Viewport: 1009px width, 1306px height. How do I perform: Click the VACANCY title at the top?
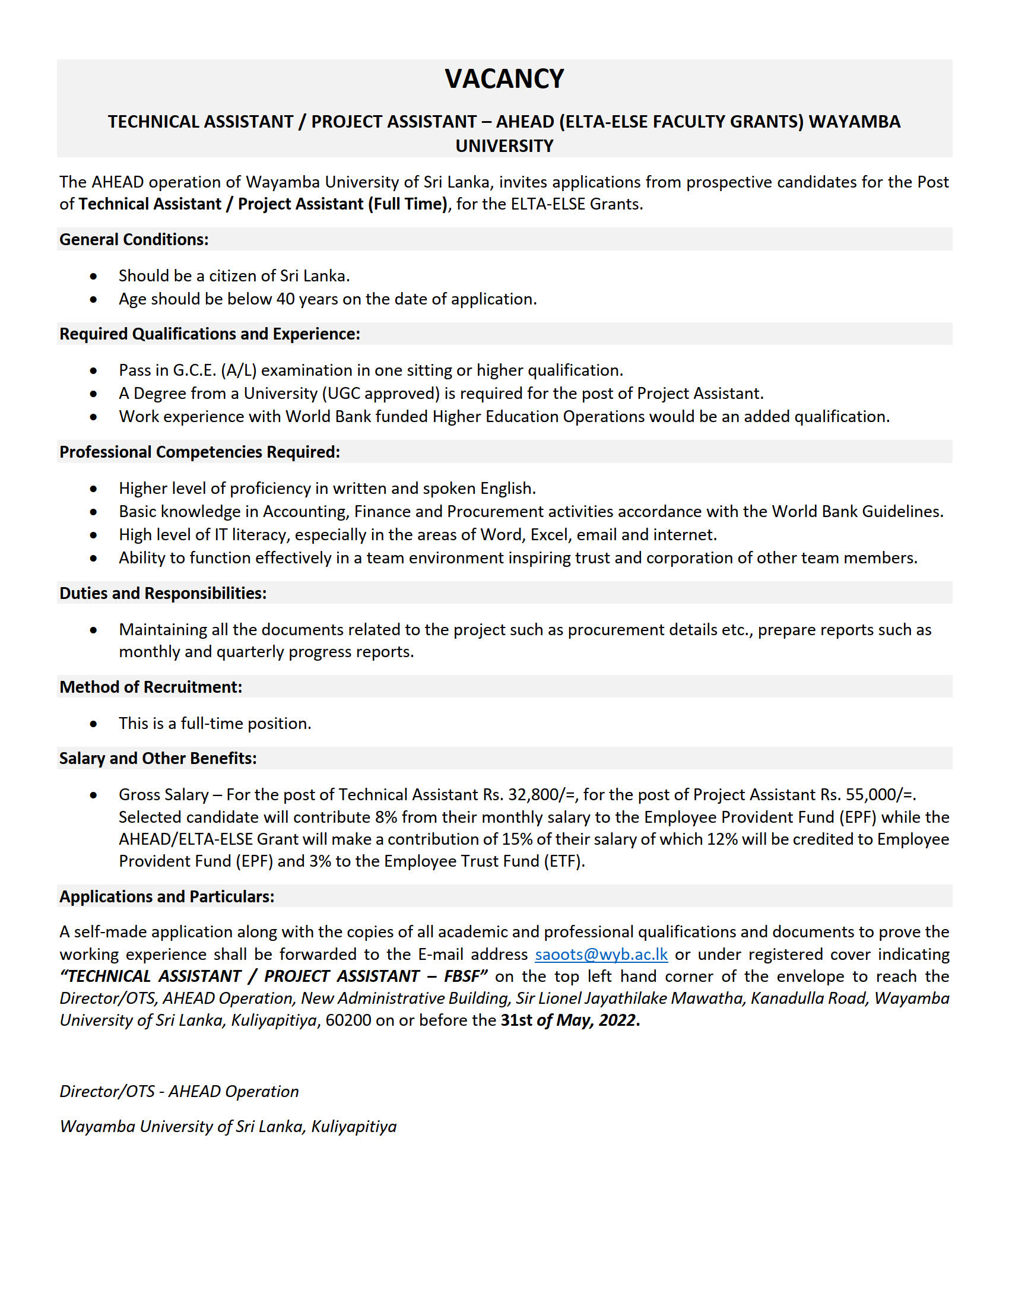504,79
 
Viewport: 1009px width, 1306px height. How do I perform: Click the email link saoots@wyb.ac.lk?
601,954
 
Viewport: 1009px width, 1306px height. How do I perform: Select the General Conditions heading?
134,239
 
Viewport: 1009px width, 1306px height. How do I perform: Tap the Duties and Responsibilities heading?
163,593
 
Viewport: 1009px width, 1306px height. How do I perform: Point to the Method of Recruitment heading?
151,687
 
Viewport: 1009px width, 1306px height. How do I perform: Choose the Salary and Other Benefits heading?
158,758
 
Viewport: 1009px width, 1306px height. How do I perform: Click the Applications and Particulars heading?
167,896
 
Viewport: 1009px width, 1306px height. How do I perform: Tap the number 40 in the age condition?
285,299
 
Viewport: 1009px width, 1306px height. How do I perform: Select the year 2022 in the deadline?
617,1020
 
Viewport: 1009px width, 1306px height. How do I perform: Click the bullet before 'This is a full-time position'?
93,724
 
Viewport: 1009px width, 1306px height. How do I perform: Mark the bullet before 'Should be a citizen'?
93,276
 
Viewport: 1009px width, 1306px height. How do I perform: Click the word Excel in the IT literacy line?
550,535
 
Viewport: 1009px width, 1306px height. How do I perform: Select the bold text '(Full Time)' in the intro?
407,204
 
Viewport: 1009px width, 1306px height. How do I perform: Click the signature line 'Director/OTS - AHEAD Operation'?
179,1091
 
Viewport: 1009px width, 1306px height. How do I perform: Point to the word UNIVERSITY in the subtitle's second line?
504,146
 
